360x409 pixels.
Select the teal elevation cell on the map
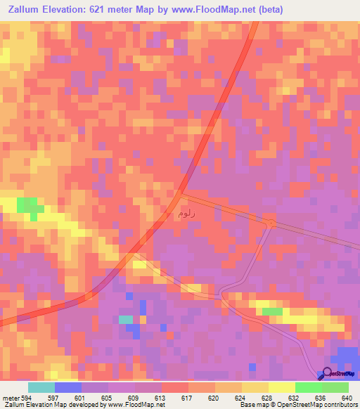126,320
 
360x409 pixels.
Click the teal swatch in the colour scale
41,387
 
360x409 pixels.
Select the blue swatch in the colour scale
67,387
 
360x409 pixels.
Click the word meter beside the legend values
9,398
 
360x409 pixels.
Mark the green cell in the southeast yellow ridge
272,311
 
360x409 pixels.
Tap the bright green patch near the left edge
28,205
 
